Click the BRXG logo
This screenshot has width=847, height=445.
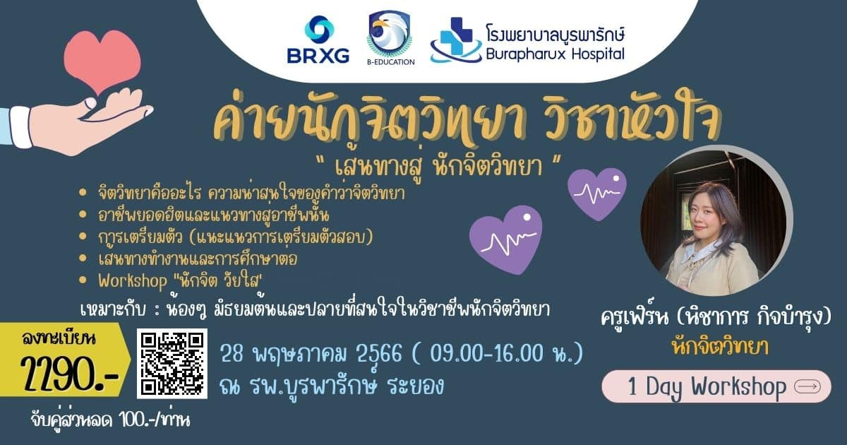click(318, 40)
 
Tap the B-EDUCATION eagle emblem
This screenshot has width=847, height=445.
click(390, 37)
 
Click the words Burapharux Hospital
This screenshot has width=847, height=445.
click(555, 54)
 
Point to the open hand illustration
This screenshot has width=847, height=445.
click(78, 121)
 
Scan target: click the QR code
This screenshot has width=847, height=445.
click(172, 363)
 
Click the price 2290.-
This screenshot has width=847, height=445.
click(70, 374)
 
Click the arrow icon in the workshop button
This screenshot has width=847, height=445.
click(807, 387)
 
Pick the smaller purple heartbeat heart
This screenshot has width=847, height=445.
click(597, 194)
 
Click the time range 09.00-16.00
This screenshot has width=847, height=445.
click(486, 353)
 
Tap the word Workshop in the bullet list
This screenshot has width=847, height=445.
click(133, 281)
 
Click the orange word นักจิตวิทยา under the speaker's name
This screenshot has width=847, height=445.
click(720, 347)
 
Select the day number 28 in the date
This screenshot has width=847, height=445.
click(232, 353)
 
